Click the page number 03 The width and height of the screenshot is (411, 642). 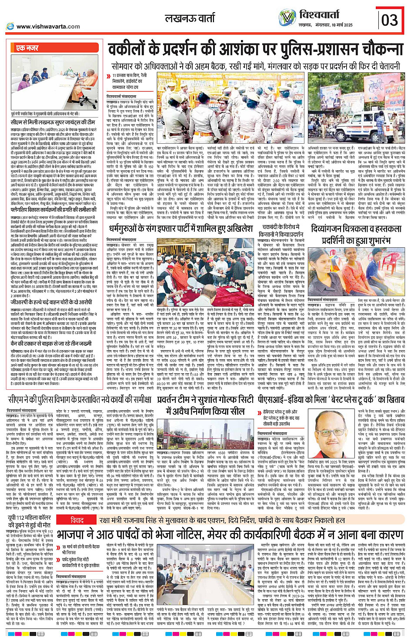[389, 20]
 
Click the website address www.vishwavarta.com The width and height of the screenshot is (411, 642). [48, 27]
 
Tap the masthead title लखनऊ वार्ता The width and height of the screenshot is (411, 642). [190, 18]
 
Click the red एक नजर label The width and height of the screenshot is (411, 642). [27, 48]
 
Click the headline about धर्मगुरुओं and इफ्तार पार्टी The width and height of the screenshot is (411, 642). [180, 228]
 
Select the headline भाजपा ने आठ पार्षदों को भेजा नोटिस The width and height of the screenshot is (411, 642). [231, 535]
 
